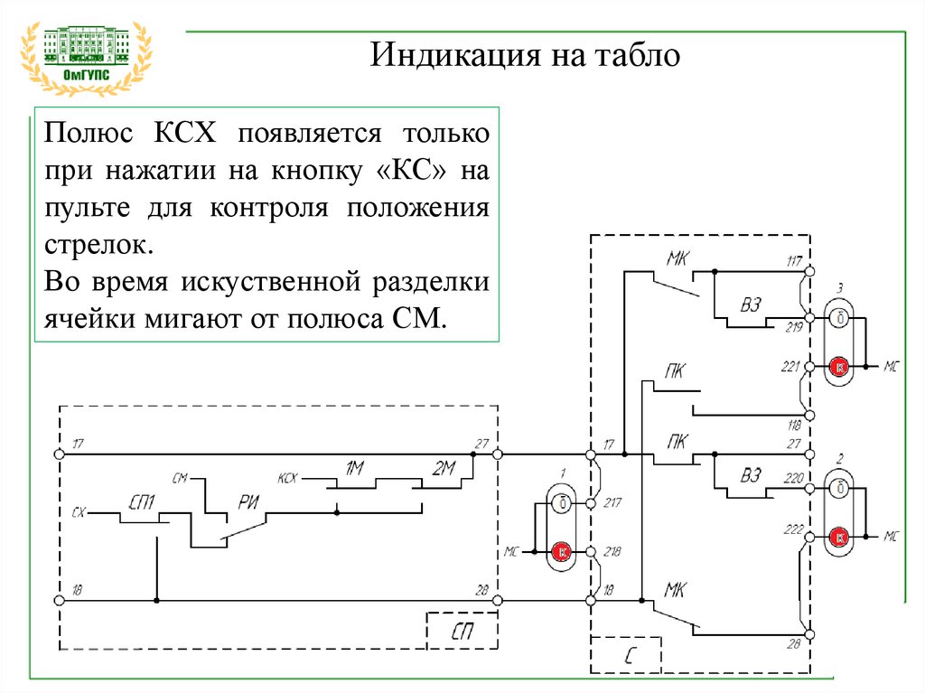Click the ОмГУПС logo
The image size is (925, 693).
click(86, 58)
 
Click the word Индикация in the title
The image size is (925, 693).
click(455, 55)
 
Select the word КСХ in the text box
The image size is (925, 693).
click(185, 133)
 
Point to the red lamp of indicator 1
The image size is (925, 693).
click(561, 552)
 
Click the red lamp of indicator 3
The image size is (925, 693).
click(838, 367)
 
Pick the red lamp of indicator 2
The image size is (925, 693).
click(838, 538)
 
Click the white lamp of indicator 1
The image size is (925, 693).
click(561, 503)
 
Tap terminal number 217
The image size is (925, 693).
click(612, 502)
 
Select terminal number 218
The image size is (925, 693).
click(612, 551)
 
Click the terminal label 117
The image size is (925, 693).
click(795, 261)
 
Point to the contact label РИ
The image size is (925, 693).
click(248, 502)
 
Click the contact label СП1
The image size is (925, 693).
click(142, 502)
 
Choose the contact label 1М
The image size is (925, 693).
click(354, 469)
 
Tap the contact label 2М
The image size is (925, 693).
click(443, 469)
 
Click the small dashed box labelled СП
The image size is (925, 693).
click(462, 631)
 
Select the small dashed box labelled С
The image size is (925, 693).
click(626, 655)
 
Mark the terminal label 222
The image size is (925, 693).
click(793, 529)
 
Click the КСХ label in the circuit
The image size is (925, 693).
click(287, 478)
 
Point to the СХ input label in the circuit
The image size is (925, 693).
click(79, 512)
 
